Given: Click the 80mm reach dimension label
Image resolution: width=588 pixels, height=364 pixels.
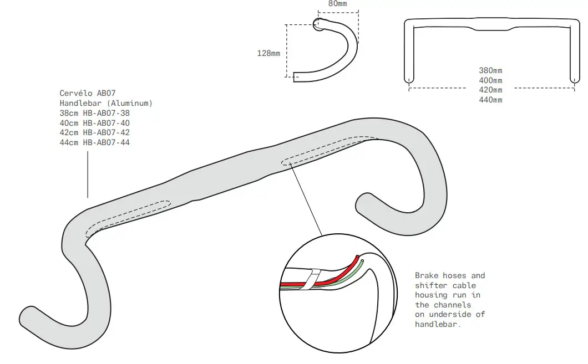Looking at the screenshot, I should coord(338,3).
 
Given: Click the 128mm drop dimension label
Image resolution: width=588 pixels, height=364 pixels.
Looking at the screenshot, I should coord(268,53).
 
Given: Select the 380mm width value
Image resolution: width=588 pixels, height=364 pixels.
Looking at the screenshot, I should coord(490,70).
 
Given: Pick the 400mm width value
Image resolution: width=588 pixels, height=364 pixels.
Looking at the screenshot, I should coord(490,80).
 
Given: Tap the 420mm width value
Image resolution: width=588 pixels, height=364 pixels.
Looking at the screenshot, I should coord(490,90).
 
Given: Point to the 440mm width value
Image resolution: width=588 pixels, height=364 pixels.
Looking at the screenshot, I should coord(490,100).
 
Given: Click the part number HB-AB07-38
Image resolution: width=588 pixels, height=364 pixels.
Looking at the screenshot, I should coord(107,113).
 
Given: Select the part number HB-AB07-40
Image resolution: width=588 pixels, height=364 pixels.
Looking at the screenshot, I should coord(107,123).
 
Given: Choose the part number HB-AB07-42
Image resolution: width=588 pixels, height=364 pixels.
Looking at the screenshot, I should coord(107,133).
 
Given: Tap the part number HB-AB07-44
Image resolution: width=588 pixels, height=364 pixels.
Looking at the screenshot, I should coord(107,143).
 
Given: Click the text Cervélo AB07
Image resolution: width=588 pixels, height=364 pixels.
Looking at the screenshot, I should coord(87,93).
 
